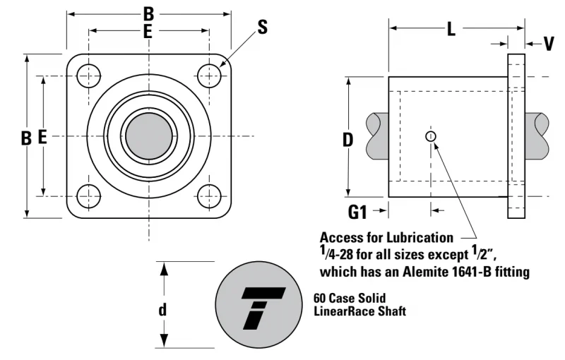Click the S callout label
pos(263,27)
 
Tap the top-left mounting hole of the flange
pos(89,76)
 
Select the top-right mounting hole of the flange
pos(209,76)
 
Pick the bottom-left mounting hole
pos(89,196)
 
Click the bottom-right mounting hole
pos(209,196)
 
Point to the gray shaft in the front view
pos(149,136)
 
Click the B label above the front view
pos(148,14)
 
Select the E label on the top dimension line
pos(148,31)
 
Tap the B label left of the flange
pos(26,138)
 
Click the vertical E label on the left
pos(42,137)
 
